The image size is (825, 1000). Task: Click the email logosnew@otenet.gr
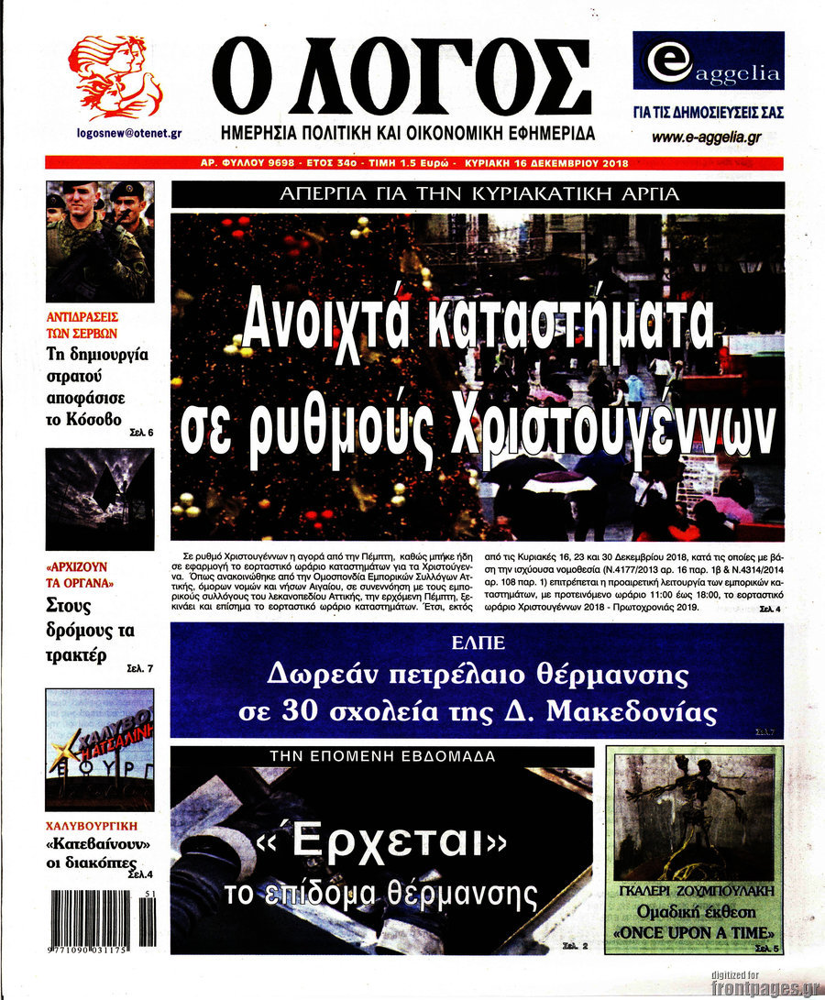(127, 133)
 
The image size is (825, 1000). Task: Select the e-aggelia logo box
(708, 61)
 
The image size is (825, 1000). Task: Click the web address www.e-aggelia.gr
(707, 137)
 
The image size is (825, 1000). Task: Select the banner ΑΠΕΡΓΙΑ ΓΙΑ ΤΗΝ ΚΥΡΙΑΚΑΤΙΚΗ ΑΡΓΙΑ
(478, 194)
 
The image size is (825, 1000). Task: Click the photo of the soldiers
(100, 241)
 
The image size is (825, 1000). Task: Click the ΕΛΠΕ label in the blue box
(478, 642)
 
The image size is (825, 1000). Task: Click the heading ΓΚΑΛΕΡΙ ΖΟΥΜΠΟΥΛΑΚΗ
(696, 890)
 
